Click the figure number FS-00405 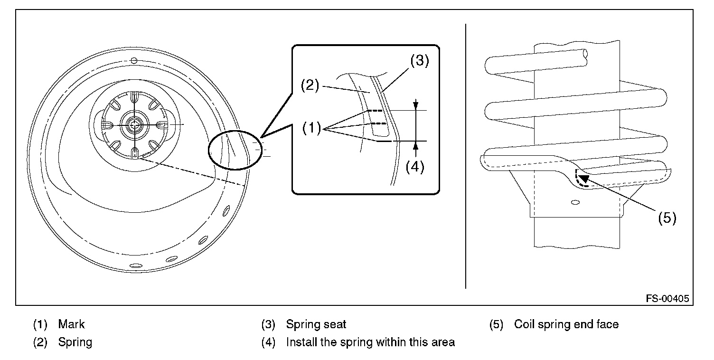pyautogui.click(x=667, y=298)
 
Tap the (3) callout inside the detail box pyautogui.click(x=420, y=60)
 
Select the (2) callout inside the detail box pyautogui.click(x=310, y=85)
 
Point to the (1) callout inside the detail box pyautogui.click(x=311, y=128)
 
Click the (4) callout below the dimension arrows pyautogui.click(x=415, y=166)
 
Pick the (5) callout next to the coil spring pyautogui.click(x=667, y=218)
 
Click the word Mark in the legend pyautogui.click(x=71, y=324)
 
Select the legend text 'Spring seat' pyautogui.click(x=316, y=324)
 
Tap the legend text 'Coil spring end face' pyautogui.click(x=566, y=324)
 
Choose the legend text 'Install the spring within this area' pyautogui.click(x=370, y=342)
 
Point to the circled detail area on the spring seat pyautogui.click(x=235, y=150)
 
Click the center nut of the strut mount pyautogui.click(x=134, y=125)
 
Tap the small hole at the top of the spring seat pyautogui.click(x=134, y=61)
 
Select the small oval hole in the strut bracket pyautogui.click(x=575, y=202)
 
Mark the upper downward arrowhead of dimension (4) pyautogui.click(x=415, y=105)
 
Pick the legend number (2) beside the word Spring pyautogui.click(x=40, y=342)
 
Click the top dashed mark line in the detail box pyautogui.click(x=375, y=111)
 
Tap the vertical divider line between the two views pyautogui.click(x=466, y=156)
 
